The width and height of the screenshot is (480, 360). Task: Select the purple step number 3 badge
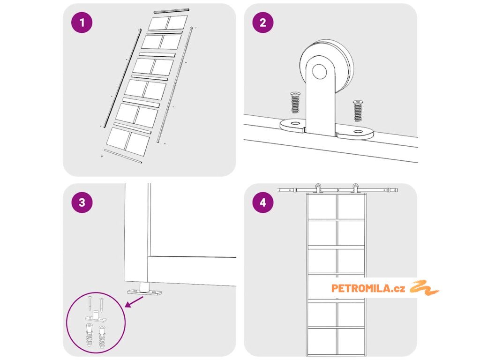pos(82,202)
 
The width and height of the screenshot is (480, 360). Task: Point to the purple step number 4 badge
pos(262,202)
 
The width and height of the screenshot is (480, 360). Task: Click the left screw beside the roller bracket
pos(295,103)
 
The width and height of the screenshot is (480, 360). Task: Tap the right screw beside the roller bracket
pos(359,111)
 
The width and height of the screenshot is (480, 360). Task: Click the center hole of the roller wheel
pos(320,72)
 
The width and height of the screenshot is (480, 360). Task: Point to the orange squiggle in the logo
pos(424,288)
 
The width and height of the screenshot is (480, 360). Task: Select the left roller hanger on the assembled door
pos(318,188)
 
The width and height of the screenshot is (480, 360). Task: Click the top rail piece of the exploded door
pos(172,10)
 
